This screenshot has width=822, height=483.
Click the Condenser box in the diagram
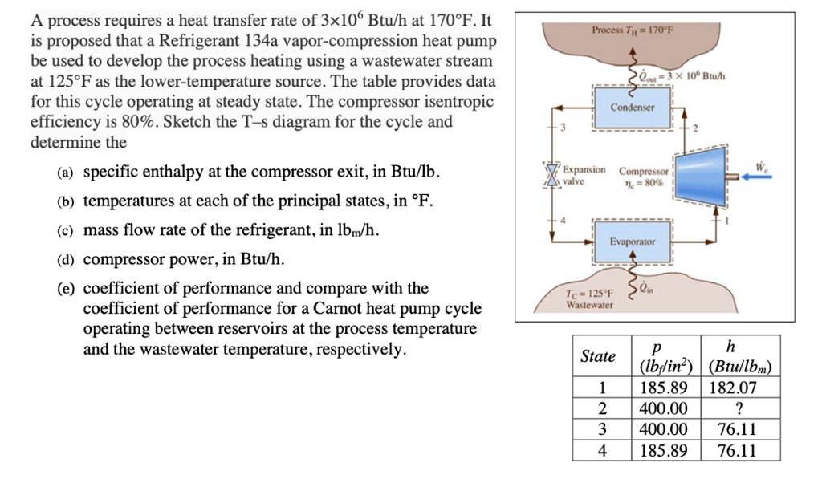[x=633, y=107]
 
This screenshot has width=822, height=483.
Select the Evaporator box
[x=633, y=241]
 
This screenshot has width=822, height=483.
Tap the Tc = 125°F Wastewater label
[x=590, y=298]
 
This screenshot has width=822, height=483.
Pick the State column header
[x=598, y=356]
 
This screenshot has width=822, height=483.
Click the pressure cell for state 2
[x=664, y=408]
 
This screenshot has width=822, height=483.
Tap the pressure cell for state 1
[x=664, y=388]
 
